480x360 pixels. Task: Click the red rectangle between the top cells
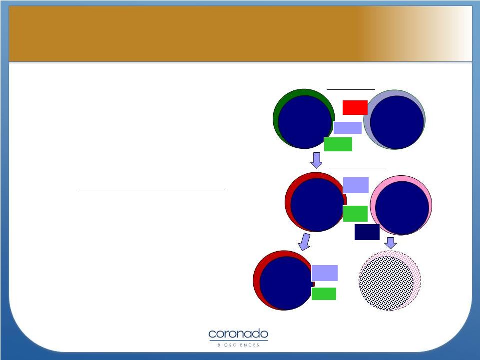pos(355,107)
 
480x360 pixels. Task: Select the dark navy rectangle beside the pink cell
pos(367,232)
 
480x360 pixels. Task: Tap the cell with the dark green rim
pos(304,119)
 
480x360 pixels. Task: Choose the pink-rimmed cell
pos(401,205)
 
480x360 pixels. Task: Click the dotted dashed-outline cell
pos(390,281)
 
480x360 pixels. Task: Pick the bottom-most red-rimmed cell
pos(284,281)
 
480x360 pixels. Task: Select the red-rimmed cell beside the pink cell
pos(316,202)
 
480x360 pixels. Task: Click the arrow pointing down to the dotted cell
pos(391,243)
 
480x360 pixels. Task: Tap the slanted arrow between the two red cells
pos(304,242)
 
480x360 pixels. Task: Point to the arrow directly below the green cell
pos(316,160)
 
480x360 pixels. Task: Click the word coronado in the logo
pos(238,334)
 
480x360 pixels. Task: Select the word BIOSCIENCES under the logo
pos(238,345)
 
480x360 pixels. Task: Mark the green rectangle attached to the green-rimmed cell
pos(338,144)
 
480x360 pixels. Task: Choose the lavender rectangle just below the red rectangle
pos(348,128)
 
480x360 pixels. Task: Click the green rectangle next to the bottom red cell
pos(324,294)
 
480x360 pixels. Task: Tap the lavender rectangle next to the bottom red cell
pos(325,273)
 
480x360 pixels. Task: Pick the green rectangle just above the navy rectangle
pos(355,214)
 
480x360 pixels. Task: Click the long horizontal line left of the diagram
pos(152,191)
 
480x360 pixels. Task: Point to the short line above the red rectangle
pos(351,89)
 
